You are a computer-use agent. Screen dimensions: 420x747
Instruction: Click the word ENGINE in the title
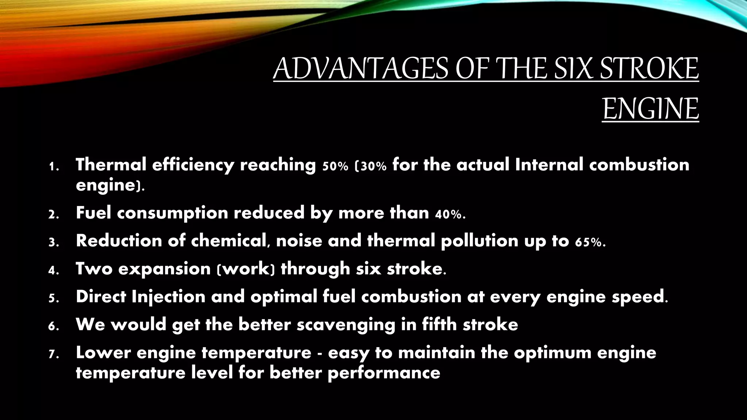point(650,109)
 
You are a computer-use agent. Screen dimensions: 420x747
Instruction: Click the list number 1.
point(53,167)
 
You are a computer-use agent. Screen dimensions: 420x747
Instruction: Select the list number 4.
point(53,271)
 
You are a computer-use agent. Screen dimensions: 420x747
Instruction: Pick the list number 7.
point(53,354)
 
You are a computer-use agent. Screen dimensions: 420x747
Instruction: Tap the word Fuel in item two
point(93,213)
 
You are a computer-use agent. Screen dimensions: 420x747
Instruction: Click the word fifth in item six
point(440,324)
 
